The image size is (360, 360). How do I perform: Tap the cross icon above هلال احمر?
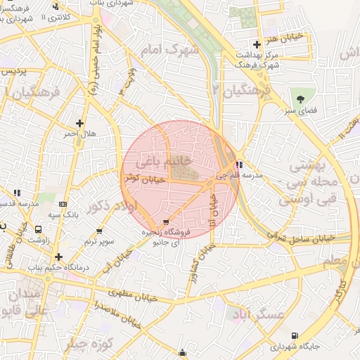80,122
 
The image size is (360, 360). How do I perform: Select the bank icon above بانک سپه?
64,204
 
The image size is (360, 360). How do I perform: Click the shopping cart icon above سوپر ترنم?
99,231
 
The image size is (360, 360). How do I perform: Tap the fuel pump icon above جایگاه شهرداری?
294,336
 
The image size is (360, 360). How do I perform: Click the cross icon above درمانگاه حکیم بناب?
58,257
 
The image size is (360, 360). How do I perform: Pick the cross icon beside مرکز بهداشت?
257,44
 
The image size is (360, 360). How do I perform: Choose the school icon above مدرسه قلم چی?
239,165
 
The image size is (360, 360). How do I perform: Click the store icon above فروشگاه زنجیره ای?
166,221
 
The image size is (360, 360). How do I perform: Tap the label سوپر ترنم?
99,241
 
